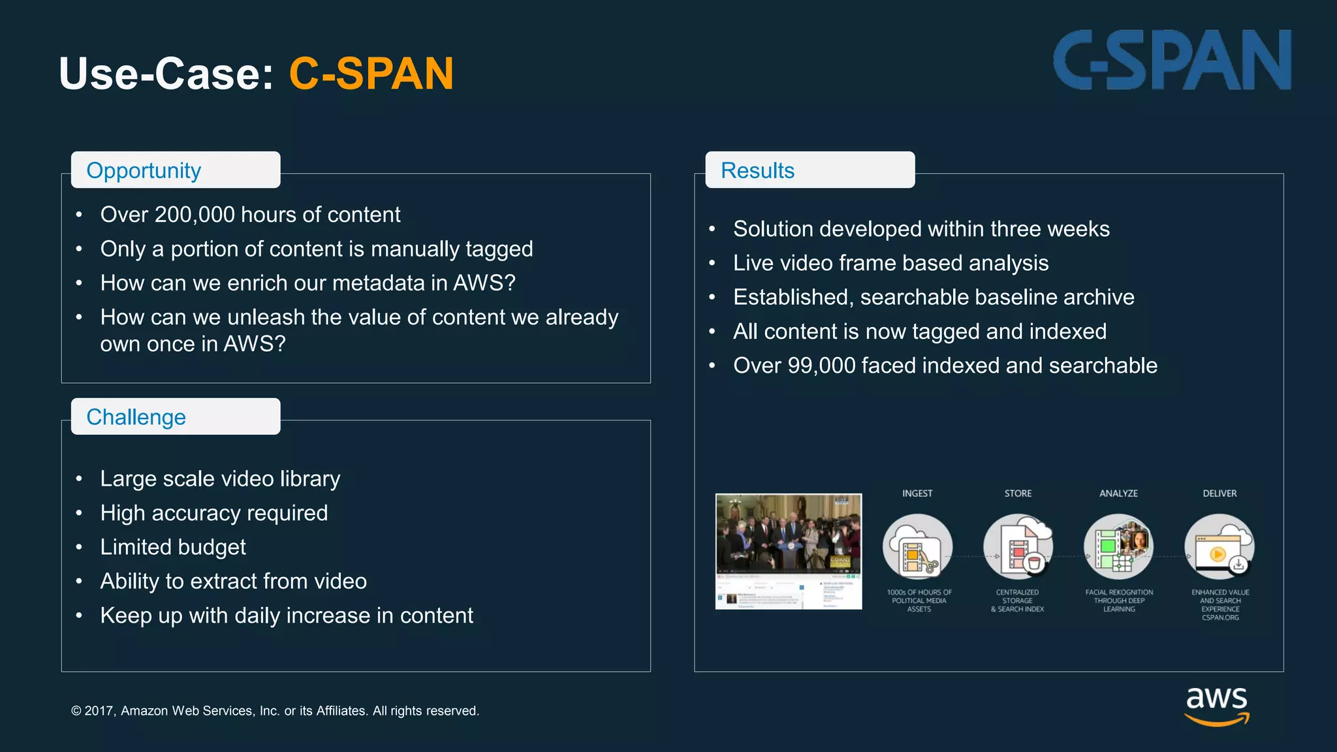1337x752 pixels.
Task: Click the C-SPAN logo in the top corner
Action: coord(1172,60)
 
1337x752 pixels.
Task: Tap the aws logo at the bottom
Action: coord(1216,705)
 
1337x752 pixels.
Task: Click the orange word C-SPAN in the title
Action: coord(371,73)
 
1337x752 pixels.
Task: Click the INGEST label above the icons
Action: coord(917,493)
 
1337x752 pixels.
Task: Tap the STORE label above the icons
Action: coord(1018,493)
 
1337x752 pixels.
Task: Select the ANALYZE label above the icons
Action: coord(1118,493)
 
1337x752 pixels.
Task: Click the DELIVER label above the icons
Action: coord(1219,493)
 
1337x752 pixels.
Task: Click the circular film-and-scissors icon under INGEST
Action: coord(917,547)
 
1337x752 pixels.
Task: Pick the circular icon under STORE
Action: coord(1018,547)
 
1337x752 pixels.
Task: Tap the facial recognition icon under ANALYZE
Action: coord(1118,547)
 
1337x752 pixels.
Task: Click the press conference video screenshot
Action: coord(789,551)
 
